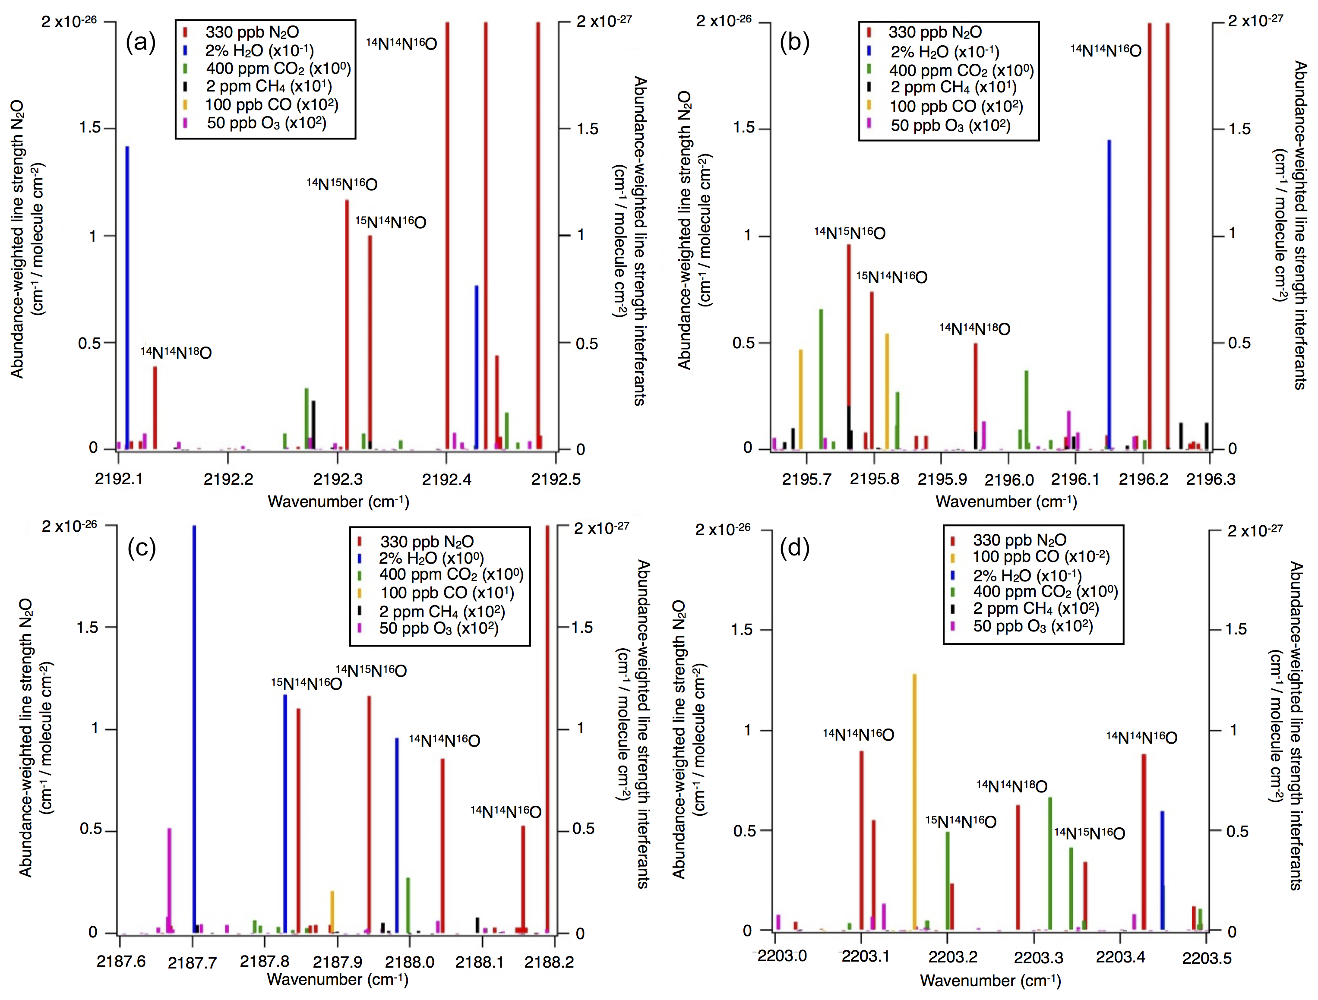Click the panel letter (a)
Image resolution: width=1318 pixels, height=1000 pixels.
[141, 42]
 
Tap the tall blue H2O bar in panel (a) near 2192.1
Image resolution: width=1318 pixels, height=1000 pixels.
[127, 298]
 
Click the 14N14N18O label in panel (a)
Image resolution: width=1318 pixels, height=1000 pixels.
[176, 353]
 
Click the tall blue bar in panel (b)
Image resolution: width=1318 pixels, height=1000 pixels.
[1109, 295]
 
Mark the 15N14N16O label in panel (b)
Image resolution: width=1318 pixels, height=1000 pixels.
[891, 277]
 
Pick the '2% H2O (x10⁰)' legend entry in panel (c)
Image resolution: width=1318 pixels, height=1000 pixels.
[431, 558]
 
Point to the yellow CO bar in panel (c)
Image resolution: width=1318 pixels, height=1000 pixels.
[332, 911]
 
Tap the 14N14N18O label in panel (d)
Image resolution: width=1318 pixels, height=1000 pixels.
[1012, 786]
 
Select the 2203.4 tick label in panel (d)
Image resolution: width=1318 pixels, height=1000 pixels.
[1120, 957]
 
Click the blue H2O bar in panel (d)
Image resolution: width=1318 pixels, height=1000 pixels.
[1162, 870]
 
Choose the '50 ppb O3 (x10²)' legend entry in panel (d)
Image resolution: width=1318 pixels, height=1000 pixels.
[1033, 626]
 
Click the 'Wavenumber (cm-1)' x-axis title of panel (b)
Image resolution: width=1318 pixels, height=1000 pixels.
[1006, 502]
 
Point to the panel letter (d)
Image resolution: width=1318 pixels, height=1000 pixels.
[794, 547]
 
